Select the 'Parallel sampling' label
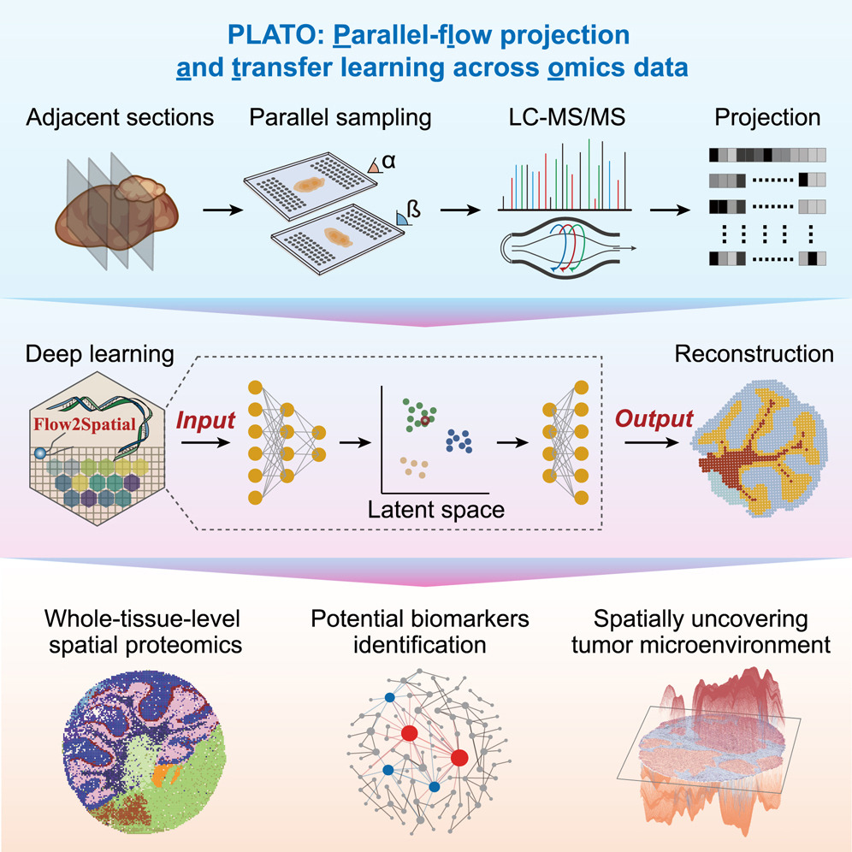pos(340,118)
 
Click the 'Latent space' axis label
pos(436,511)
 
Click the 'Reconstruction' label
pos(754,353)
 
